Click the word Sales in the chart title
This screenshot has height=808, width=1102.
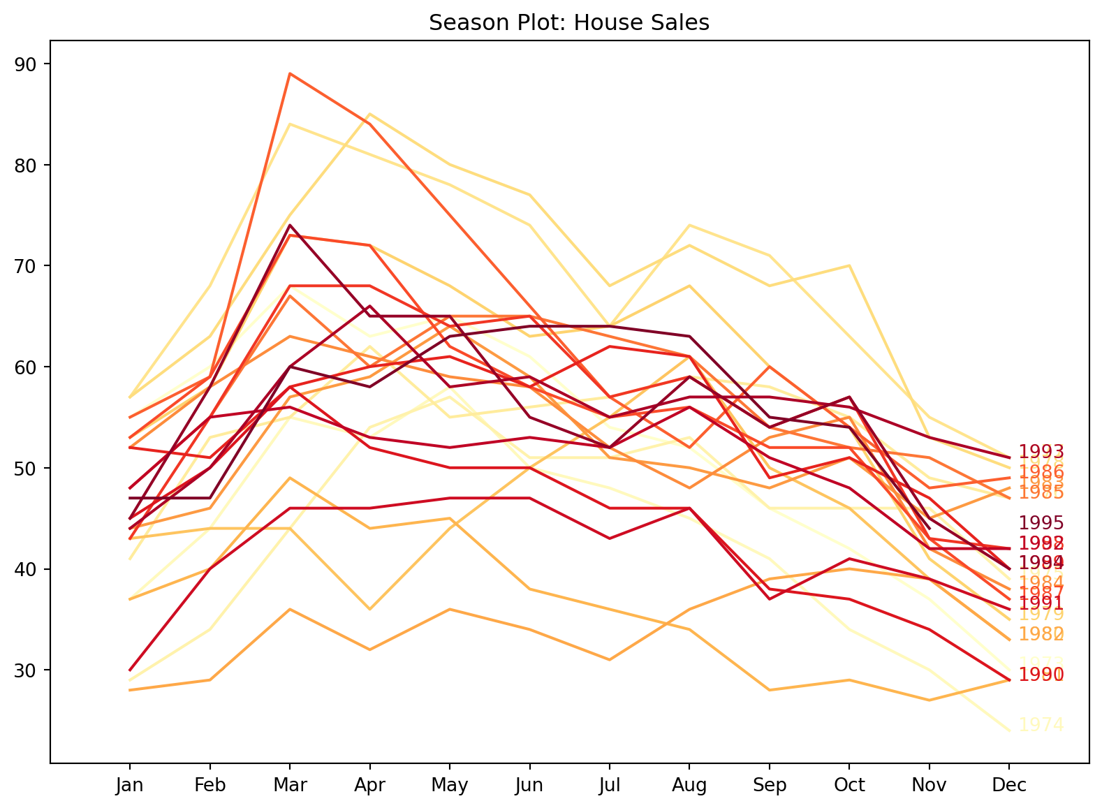tap(684, 23)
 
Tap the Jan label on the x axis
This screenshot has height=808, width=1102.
tap(130, 786)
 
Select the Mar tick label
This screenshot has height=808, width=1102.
tap(290, 786)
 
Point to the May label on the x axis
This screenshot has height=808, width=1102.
tap(450, 786)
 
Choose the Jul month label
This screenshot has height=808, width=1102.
tap(610, 786)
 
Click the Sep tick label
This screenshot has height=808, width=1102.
tap(770, 786)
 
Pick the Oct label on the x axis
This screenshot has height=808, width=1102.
tap(849, 786)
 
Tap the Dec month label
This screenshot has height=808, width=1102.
tap(1009, 786)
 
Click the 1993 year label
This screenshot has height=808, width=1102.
tap(1041, 452)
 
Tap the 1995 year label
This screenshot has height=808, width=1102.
tap(1041, 523)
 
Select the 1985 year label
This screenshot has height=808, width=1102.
tap(1041, 493)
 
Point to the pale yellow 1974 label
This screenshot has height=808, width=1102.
tap(1041, 725)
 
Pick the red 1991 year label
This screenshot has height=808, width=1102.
tap(1041, 603)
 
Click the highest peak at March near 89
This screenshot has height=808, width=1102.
tap(290, 73)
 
